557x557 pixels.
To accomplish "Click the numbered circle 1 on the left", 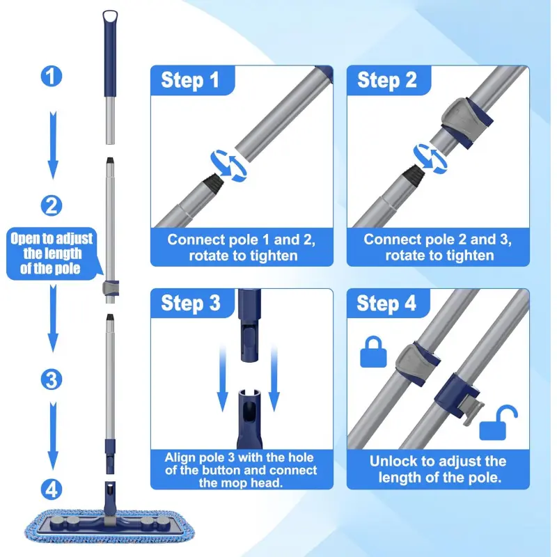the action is pyautogui.click(x=52, y=77).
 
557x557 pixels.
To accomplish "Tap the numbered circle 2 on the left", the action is pyautogui.click(x=52, y=205).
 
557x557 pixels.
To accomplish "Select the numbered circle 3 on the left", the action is pyautogui.click(x=52, y=379).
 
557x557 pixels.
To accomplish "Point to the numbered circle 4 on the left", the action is pyautogui.click(x=52, y=489).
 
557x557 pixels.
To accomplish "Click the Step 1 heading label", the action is pyautogui.click(x=190, y=80).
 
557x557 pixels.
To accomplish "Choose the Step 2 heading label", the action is pyautogui.click(x=387, y=80).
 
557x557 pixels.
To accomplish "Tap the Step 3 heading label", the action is pyautogui.click(x=191, y=304).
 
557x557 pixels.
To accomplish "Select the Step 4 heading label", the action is pyautogui.click(x=386, y=304).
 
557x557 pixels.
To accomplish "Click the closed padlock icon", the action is pyautogui.click(x=373, y=352).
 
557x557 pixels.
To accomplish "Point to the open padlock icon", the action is pyautogui.click(x=497, y=423).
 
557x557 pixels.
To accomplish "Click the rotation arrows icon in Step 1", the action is pyautogui.click(x=228, y=166).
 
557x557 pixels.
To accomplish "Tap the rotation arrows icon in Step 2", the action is pyautogui.click(x=430, y=159).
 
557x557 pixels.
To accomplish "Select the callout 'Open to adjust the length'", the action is pyautogui.click(x=52, y=253).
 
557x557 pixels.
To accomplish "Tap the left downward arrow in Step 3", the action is pyautogui.click(x=222, y=379).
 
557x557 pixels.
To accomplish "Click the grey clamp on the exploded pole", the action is pyautogui.click(x=111, y=288).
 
